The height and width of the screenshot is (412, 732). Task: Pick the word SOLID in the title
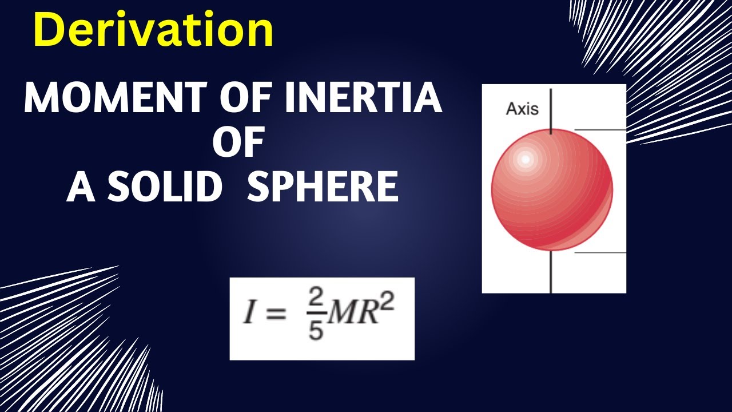pyautogui.click(x=165, y=187)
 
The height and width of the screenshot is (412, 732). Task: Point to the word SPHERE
pyautogui.click(x=323, y=187)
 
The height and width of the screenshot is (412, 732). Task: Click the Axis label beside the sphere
pyautogui.click(x=522, y=109)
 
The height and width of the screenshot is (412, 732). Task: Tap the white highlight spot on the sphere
pyautogui.click(x=524, y=159)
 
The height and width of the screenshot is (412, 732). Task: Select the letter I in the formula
pyautogui.click(x=248, y=315)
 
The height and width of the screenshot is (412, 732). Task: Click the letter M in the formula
pyautogui.click(x=340, y=315)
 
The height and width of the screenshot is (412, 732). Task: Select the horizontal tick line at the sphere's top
pyautogui.click(x=600, y=130)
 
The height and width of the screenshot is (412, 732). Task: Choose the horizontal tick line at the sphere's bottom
pyautogui.click(x=600, y=252)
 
